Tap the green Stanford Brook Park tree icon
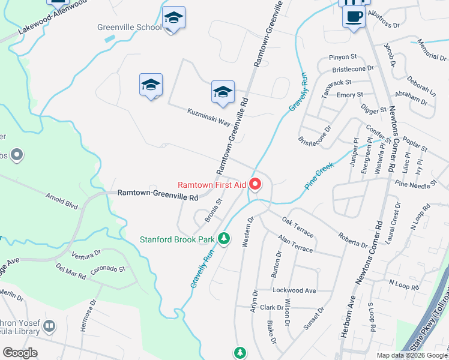224,239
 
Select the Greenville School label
130,27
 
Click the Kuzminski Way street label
208,117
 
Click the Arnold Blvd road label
62,200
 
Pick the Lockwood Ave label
294,290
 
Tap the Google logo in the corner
20,353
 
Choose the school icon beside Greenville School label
173,20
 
